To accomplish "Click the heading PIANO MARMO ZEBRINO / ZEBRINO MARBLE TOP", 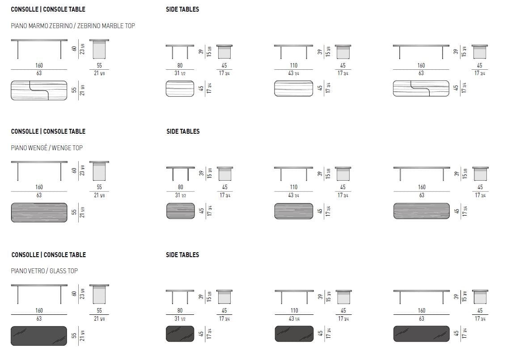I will click(x=73, y=26).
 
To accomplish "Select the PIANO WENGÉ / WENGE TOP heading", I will click(x=47, y=148).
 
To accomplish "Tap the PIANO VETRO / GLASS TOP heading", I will click(x=44, y=271).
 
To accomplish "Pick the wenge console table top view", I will click(x=39, y=212).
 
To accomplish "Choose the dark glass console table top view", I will click(x=39, y=335).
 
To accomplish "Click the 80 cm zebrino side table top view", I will click(x=180, y=88).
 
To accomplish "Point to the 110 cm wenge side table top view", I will click(x=293, y=211).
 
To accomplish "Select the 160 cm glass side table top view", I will click(x=421, y=334).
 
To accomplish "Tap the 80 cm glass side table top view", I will click(x=180, y=334).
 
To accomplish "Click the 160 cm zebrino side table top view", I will click(x=421, y=88).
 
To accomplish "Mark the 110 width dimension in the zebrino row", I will click(x=293, y=65).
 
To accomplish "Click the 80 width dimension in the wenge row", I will click(x=180, y=187).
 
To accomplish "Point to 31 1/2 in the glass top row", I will click(x=180, y=318).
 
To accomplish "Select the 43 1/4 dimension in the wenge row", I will click(x=293, y=195).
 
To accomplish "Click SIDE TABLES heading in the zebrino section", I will click(x=182, y=9).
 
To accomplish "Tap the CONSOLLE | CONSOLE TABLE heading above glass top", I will click(x=48, y=254).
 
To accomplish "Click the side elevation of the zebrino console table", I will click(x=99, y=49).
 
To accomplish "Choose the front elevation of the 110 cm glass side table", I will click(x=293, y=295).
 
